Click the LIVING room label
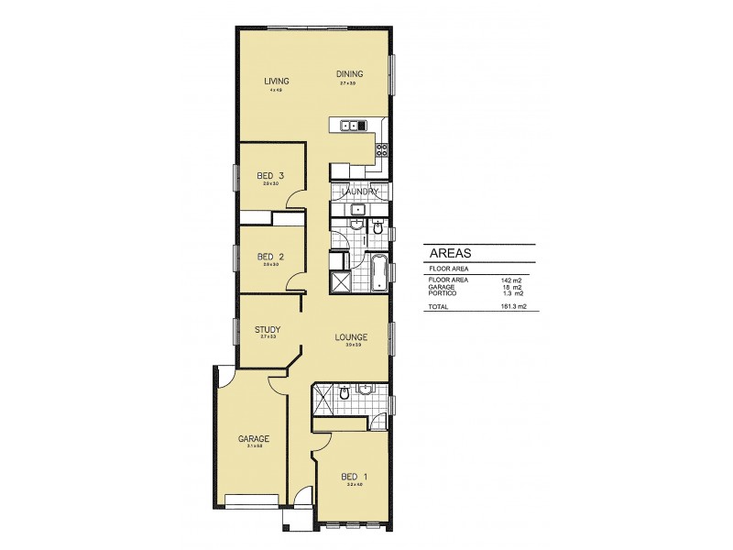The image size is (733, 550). click(277, 82)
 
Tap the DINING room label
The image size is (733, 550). click(349, 75)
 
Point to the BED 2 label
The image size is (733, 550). click(270, 257)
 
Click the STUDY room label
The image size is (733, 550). click(268, 329)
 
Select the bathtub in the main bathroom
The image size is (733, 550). click(376, 273)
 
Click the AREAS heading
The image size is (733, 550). click(450, 253)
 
